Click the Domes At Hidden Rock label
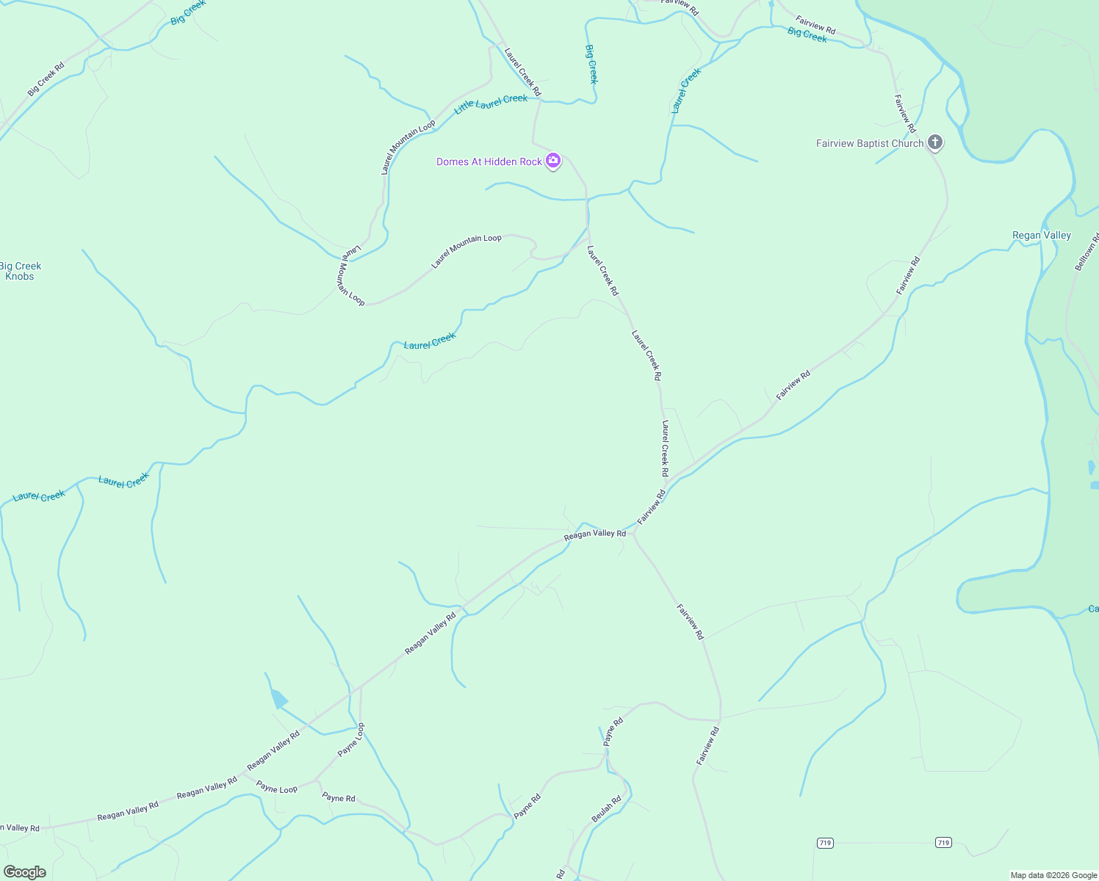[x=489, y=162]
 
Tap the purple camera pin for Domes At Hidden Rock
[x=553, y=161]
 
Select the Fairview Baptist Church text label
[x=869, y=143]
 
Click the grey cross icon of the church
[x=934, y=142]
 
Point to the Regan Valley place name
[x=1041, y=235]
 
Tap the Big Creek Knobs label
[x=21, y=271]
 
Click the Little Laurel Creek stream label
[x=491, y=104]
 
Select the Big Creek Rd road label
[x=46, y=79]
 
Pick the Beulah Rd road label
[x=606, y=808]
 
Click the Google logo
[x=25, y=872]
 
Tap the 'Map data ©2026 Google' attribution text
[x=1053, y=875]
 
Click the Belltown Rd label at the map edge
[x=1087, y=252]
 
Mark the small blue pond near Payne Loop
[x=279, y=699]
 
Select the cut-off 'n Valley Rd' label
[x=20, y=827]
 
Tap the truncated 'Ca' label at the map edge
[x=1093, y=609]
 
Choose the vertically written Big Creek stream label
[x=591, y=64]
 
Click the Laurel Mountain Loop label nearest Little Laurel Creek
[x=408, y=148]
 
